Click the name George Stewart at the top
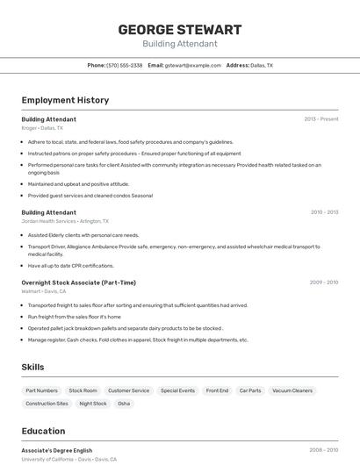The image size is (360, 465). pyautogui.click(x=179, y=30)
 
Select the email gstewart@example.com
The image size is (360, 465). pyautogui.click(x=192, y=65)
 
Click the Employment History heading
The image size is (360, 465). pyautogui.click(x=65, y=100)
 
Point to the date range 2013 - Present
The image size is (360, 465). pyautogui.click(x=320, y=119)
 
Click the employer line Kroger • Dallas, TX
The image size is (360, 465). pyautogui.click(x=42, y=128)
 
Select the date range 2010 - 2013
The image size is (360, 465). pyautogui.click(x=324, y=212)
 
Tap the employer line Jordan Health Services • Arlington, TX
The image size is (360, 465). pyautogui.click(x=65, y=221)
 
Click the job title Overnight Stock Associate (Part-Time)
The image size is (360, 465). pyautogui.click(x=78, y=283)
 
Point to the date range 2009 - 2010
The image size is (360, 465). pyautogui.click(x=323, y=283)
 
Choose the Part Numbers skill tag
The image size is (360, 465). pyautogui.click(x=41, y=390)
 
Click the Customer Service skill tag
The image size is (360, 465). pyautogui.click(x=128, y=390)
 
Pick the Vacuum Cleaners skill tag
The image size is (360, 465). pyautogui.click(x=292, y=390)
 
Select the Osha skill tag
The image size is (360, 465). pyautogui.click(x=124, y=404)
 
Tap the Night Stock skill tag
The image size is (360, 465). pyautogui.click(x=93, y=404)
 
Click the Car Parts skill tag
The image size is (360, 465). pyautogui.click(x=249, y=390)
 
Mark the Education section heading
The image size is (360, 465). pyautogui.click(x=43, y=431)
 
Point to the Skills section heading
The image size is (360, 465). pyautogui.click(x=32, y=367)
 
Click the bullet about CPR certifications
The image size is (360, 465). pyautogui.click(x=70, y=266)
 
